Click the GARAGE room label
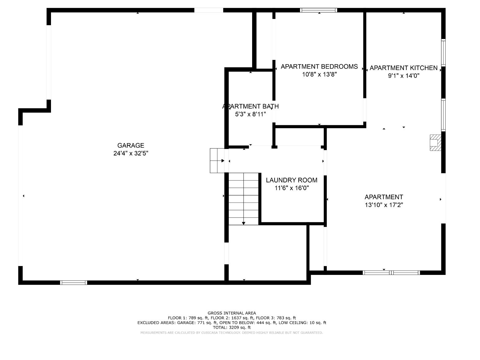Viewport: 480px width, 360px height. click(x=131, y=146)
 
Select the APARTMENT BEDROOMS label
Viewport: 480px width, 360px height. click(x=319, y=67)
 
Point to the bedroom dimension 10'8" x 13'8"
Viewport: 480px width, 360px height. click(x=319, y=75)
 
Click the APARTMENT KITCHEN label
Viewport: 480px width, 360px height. click(x=403, y=68)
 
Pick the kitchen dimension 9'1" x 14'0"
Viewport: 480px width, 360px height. click(x=404, y=76)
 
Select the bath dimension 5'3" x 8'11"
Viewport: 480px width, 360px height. click(x=250, y=114)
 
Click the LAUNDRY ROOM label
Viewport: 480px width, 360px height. click(x=291, y=180)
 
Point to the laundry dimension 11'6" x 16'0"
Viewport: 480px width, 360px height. click(x=291, y=188)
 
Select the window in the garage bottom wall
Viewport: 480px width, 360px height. click(x=73, y=283)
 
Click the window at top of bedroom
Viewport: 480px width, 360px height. click(x=318, y=10)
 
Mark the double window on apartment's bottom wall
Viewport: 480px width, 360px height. click(x=391, y=272)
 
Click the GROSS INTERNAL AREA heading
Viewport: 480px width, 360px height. click(x=232, y=313)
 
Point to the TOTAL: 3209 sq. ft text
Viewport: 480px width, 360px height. click(x=232, y=327)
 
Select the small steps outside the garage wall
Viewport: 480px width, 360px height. click(x=217, y=161)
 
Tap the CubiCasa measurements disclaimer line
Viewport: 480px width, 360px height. click(x=232, y=333)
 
